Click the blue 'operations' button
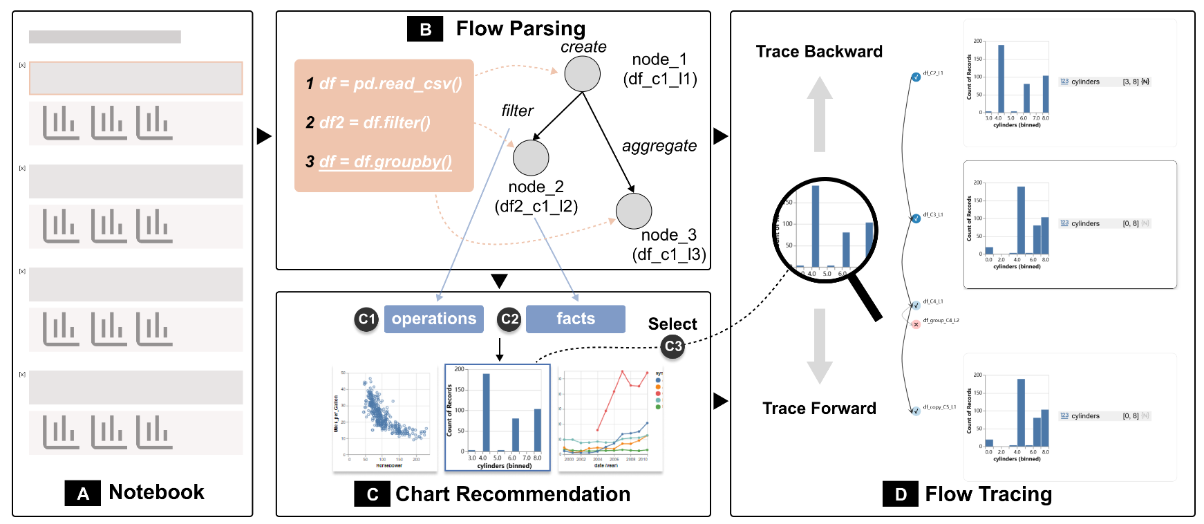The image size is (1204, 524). click(x=433, y=319)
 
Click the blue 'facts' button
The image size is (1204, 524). click(x=575, y=319)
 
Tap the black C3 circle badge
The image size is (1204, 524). click(x=672, y=346)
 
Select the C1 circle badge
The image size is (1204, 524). click(x=366, y=319)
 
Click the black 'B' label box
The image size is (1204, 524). click(x=425, y=30)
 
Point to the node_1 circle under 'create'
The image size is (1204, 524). click(x=582, y=73)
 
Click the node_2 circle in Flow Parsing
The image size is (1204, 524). click(x=531, y=158)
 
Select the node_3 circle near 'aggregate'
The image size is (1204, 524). click(x=634, y=211)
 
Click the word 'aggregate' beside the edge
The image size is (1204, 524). click(x=659, y=146)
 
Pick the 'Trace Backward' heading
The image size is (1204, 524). click(x=819, y=52)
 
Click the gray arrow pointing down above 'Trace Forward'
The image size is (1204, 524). click(x=819, y=346)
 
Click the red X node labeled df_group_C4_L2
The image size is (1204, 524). click(x=916, y=324)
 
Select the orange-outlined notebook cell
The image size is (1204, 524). click(x=135, y=78)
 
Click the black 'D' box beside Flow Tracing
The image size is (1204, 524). click(x=901, y=494)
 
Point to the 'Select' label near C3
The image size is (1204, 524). click(x=672, y=324)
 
